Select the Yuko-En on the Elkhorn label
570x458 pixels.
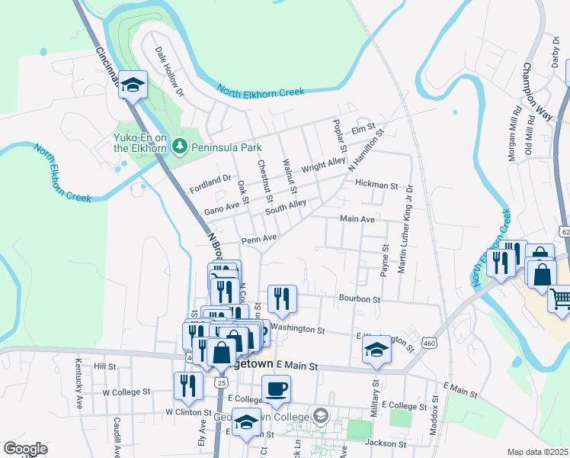click(140, 143)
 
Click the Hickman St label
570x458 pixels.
click(376, 185)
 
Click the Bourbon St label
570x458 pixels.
click(360, 299)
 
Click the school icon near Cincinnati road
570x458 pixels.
click(133, 85)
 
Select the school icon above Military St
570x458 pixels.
click(377, 349)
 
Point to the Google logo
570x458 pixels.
click(24, 449)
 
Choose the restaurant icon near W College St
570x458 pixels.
click(187, 386)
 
